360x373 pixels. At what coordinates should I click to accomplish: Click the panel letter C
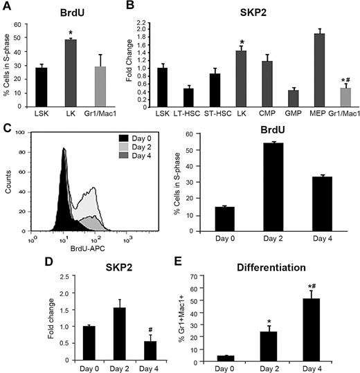click(6, 127)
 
